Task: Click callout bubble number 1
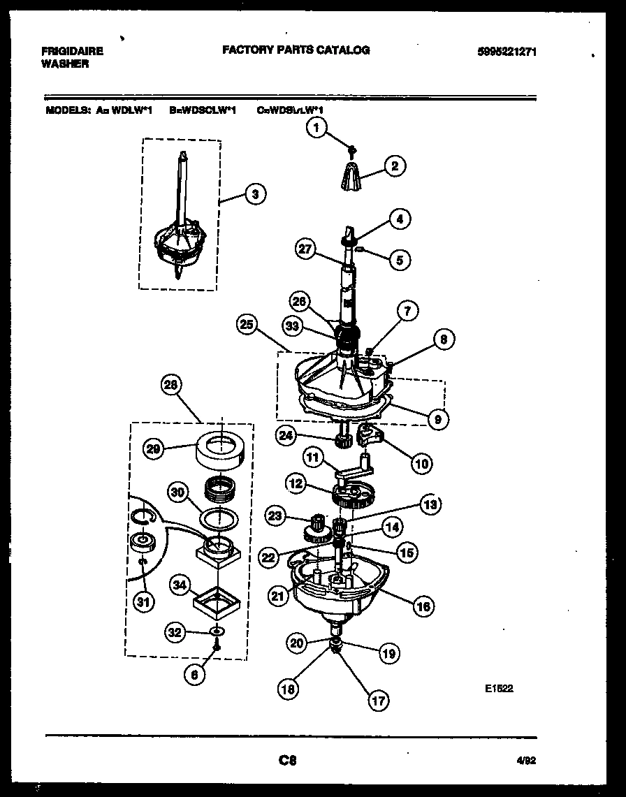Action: click(317, 128)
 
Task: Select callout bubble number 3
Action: click(255, 195)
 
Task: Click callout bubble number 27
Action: click(305, 249)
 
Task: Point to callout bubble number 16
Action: click(423, 606)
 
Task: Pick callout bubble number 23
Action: click(275, 516)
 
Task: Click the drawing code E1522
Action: click(499, 688)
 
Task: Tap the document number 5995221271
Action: click(508, 52)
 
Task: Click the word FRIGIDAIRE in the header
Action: click(73, 51)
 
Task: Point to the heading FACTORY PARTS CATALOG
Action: click(296, 50)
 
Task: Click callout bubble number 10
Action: click(422, 462)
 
